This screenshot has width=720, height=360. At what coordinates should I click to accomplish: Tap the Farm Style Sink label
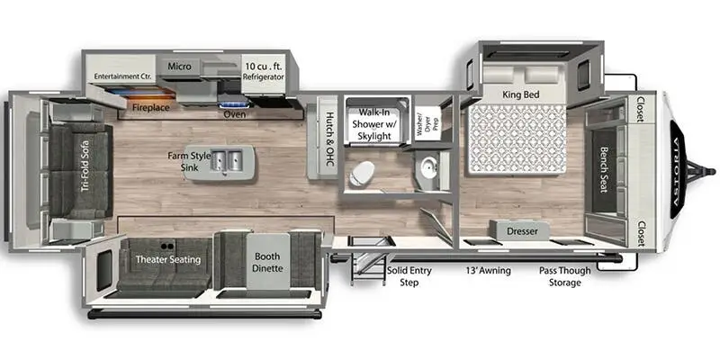coord(189,161)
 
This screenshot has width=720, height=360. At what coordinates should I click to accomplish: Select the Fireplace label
coord(150,106)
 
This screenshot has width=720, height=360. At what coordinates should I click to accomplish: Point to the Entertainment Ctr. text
coord(121,76)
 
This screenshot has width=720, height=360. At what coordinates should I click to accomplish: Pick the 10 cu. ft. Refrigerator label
coord(264,71)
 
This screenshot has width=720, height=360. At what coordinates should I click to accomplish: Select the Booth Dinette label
coord(267,260)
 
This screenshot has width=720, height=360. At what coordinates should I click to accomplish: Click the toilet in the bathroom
coord(365,172)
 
